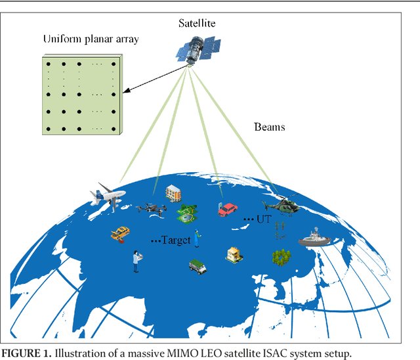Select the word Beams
(269, 127)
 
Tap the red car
(227, 210)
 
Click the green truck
(198, 266)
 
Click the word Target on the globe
(177, 240)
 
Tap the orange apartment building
(174, 193)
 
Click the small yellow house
(234, 254)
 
